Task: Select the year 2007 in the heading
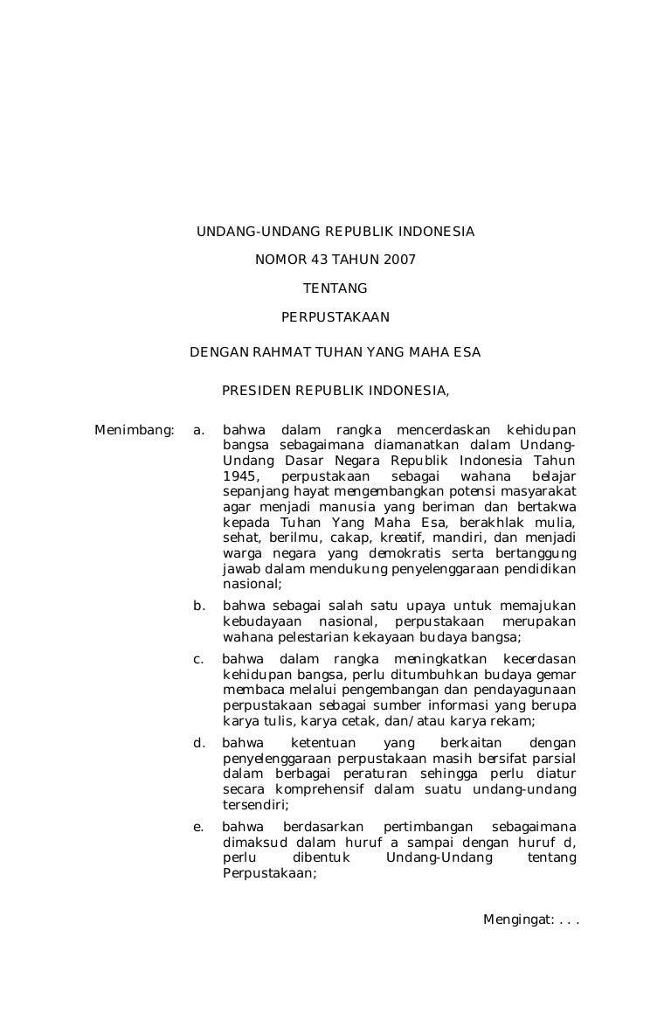[399, 260]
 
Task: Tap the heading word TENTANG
[335, 288]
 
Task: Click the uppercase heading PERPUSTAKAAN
[335, 317]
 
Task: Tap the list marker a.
[199, 430]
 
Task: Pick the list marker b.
[199, 606]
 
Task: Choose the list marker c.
[198, 659]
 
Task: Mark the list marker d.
[199, 743]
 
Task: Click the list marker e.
[199, 827]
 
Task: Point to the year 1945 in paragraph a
[240, 476]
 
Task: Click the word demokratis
[406, 554]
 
